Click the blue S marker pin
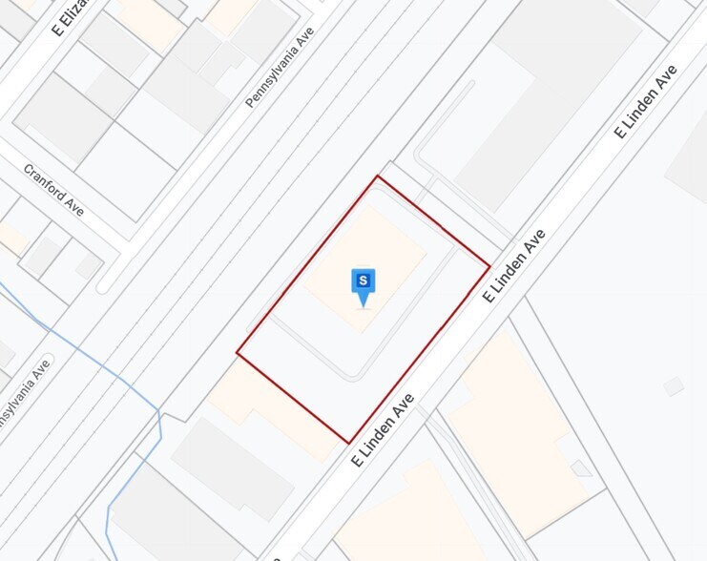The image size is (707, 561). tap(364, 281)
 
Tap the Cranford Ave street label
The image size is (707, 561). tap(54, 189)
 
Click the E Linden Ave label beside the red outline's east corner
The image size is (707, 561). tap(514, 265)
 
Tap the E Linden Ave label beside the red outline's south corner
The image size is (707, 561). tap(383, 428)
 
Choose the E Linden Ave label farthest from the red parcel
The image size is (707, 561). tap(646, 101)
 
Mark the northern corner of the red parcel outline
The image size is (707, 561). tap(378, 177)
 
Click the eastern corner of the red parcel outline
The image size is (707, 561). tap(489, 265)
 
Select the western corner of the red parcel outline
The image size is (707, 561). tap(237, 355)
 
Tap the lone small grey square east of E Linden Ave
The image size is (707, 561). tap(674, 386)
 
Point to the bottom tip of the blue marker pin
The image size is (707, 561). tap(364, 305)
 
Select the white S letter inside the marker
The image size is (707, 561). tap(364, 280)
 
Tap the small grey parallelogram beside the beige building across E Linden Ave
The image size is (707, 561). tap(581, 467)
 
